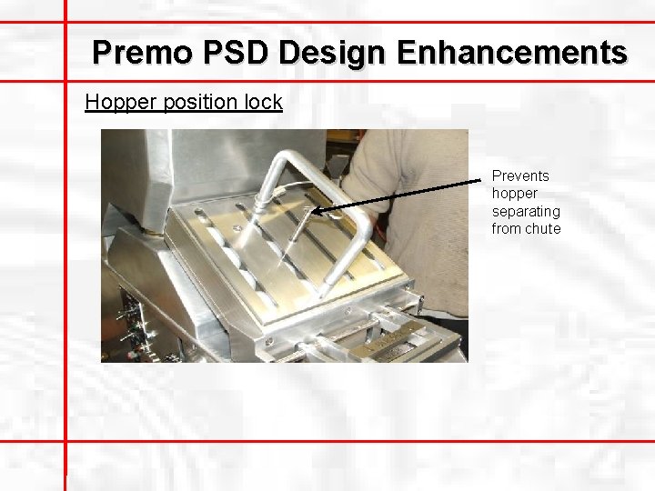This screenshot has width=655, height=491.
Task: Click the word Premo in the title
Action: pyautogui.click(x=143, y=52)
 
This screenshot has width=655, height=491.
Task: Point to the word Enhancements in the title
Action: pyautogui.click(x=510, y=52)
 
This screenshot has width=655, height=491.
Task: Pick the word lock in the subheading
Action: pyautogui.click(x=264, y=102)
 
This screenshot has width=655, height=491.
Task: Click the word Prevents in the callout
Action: pyautogui.click(x=520, y=175)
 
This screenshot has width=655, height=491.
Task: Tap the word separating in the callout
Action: pyautogui.click(x=526, y=211)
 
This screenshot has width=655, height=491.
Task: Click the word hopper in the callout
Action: pyautogui.click(x=515, y=194)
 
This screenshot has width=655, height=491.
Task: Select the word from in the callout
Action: pyautogui.click(x=506, y=228)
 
